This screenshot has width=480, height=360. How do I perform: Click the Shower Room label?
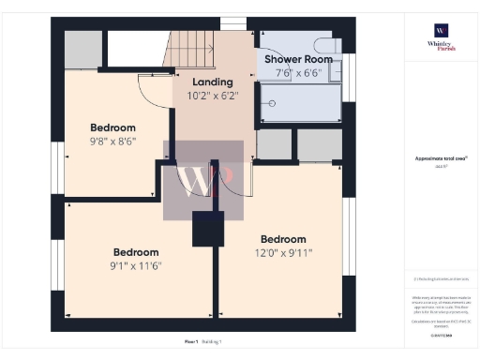pyautogui.click(x=299, y=59)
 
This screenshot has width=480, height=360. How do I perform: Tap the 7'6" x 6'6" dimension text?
pyautogui.click(x=299, y=72)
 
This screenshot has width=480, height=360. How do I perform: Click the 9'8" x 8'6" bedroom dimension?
pyautogui.click(x=112, y=142)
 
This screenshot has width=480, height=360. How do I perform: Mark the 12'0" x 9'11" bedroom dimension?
pyautogui.click(x=283, y=252)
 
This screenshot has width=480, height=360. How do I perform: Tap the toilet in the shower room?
pyautogui.click(x=326, y=46)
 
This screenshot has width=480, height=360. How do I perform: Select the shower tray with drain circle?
pyautogui.click(x=300, y=103)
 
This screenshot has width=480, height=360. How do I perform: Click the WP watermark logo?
pyautogui.click(x=203, y=180)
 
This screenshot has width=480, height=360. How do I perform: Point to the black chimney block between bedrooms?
pyautogui.click(x=206, y=230)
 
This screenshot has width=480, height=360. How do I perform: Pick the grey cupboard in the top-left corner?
pyautogui.click(x=82, y=48)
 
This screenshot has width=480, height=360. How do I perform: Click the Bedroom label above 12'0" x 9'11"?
pyautogui.click(x=283, y=239)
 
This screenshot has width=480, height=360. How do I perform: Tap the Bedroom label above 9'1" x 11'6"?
pyautogui.click(x=136, y=252)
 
